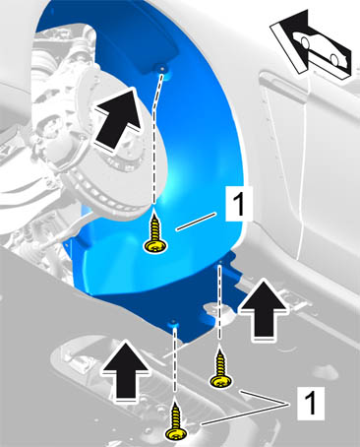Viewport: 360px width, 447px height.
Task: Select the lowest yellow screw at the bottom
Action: click(176, 422)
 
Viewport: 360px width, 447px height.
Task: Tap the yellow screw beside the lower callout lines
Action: click(221, 371)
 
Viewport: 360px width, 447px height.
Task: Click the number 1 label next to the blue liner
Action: click(239, 204)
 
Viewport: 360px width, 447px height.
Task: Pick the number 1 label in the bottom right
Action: click(311, 404)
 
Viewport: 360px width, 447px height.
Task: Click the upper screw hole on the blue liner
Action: click(162, 69)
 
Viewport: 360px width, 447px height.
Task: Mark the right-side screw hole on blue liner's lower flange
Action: click(220, 262)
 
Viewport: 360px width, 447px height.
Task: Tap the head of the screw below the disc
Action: click(155, 246)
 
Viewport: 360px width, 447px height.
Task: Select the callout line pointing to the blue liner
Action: click(196, 222)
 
